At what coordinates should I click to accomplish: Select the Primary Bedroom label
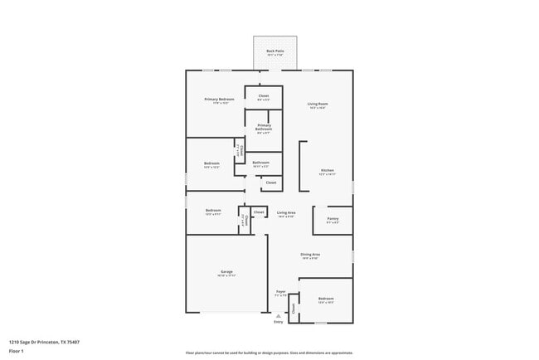tap(219, 100)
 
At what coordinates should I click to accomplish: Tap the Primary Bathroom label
tap(264, 127)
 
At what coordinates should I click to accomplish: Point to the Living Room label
tap(318, 104)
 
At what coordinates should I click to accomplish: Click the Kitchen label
tap(328, 171)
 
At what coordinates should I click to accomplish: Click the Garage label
tap(226, 272)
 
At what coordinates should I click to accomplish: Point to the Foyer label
tap(281, 291)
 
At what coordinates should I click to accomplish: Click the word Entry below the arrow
tap(279, 322)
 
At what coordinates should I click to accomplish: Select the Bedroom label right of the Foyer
tap(326, 299)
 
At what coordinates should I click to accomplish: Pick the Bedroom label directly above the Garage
tap(213, 211)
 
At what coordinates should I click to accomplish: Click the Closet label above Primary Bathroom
tap(264, 96)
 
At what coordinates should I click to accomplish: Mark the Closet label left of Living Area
tap(259, 212)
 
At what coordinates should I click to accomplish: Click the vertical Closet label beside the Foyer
tap(294, 307)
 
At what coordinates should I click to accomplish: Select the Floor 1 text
tap(17, 350)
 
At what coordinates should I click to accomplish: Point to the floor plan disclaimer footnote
tap(269, 353)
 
